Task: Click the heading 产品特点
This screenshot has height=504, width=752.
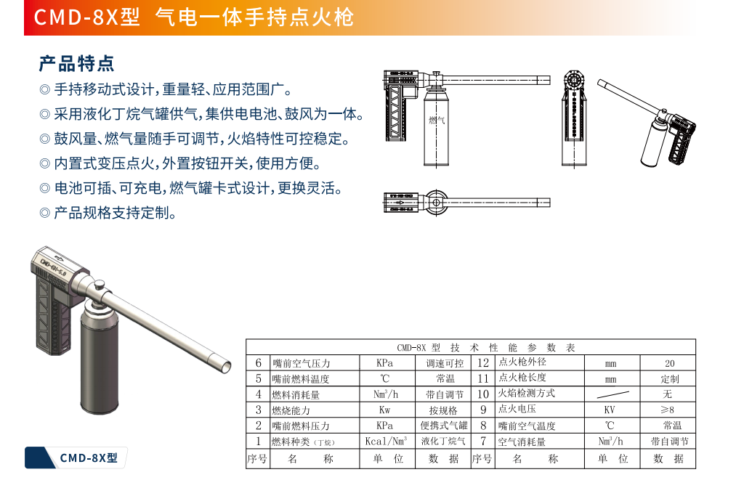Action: tap(77, 63)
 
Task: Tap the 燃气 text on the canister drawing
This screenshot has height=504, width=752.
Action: tap(437, 120)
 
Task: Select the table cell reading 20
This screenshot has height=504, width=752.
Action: tap(669, 364)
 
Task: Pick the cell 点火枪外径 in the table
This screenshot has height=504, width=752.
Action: tap(522, 362)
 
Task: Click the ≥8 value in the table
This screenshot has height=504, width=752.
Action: tap(667, 410)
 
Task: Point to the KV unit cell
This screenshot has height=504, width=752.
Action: tap(610, 410)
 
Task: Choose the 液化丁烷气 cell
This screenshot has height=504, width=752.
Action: tap(443, 441)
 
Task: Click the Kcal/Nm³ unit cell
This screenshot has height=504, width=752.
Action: tap(386, 441)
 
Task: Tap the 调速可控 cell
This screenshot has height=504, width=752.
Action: tap(445, 364)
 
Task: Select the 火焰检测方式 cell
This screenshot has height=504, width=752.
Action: tap(526, 394)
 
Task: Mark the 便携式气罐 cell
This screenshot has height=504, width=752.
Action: tap(444, 426)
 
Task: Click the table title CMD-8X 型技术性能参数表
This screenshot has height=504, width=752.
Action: tap(485, 348)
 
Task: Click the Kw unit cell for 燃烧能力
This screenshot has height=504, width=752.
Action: tap(384, 410)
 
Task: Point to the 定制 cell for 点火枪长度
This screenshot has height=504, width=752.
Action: tap(669, 379)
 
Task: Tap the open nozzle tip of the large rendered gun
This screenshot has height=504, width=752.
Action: tap(225, 367)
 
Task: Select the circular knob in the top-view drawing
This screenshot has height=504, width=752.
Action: tap(436, 203)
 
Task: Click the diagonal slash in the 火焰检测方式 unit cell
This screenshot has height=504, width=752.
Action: tap(612, 394)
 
